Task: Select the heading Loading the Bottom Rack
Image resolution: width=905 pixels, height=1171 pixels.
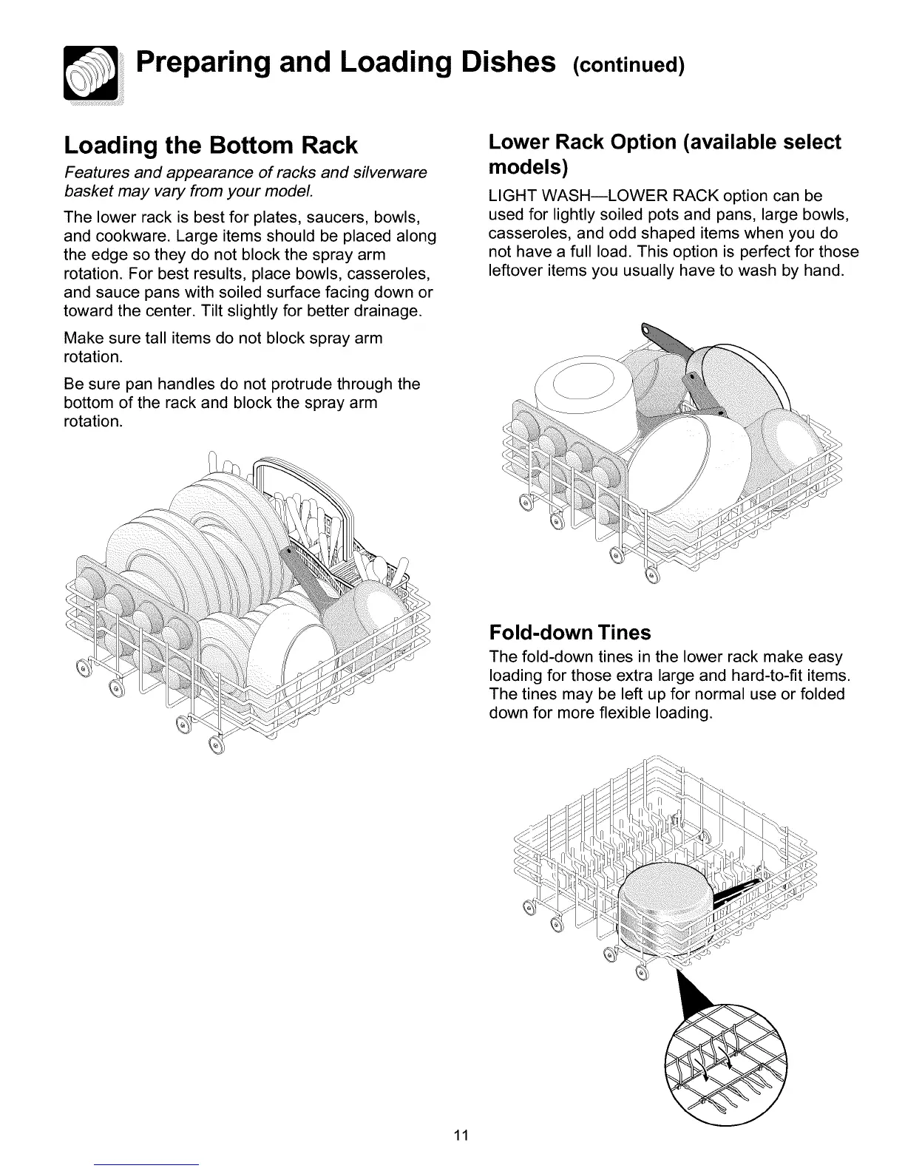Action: (x=211, y=145)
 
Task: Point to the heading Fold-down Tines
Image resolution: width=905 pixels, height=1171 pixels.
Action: (x=570, y=633)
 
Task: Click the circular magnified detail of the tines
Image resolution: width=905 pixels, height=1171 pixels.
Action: (x=727, y=1065)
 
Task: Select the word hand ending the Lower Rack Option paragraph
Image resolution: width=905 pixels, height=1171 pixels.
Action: (x=825, y=271)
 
